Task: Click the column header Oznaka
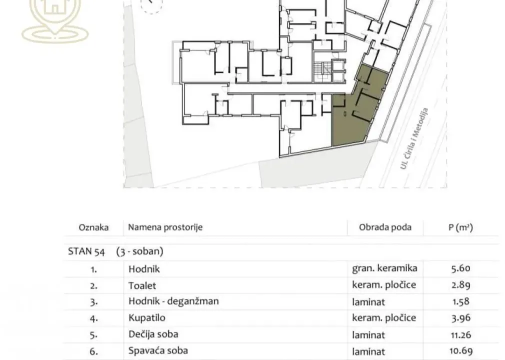93,227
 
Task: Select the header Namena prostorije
165,227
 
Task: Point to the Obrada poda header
385,227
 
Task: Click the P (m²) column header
460,227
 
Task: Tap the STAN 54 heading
86,251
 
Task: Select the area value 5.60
460,268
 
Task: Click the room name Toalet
142,285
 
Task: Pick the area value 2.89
460,285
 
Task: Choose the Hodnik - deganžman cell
173,301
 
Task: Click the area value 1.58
460,301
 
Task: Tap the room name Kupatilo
146,318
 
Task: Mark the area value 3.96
460,318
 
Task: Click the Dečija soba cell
153,334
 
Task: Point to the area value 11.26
460,334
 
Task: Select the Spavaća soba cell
158,350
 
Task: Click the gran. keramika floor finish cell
384,268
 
